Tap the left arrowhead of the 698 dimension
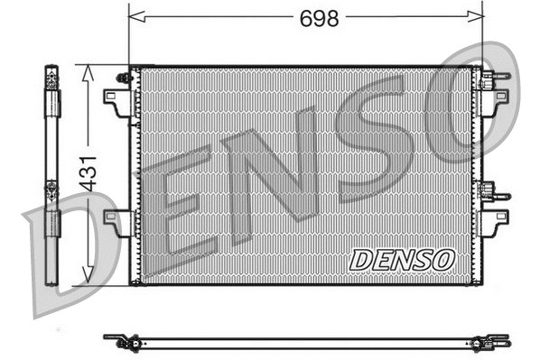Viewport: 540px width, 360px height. pos(135,16)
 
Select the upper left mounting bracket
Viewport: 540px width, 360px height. pos(116,98)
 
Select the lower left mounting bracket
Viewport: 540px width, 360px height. pos(116,222)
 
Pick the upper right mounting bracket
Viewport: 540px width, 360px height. pos(497,98)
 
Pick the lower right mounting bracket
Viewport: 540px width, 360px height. pos(497,222)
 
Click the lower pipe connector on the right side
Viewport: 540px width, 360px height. pos(489,191)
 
